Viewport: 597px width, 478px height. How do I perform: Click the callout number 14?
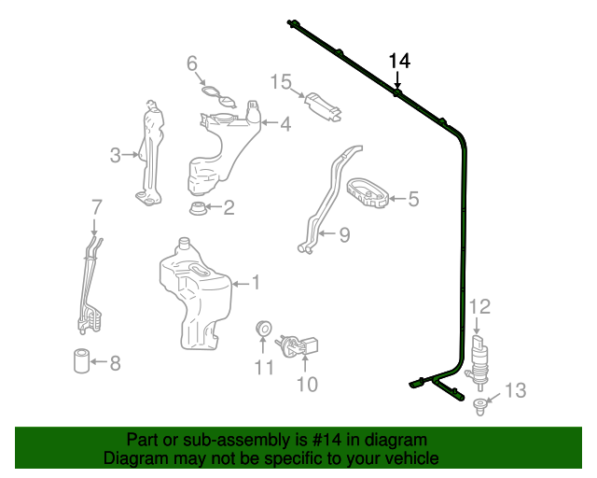(399, 61)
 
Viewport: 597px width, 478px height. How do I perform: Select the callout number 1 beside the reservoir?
(256, 282)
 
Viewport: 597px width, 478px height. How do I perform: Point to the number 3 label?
(285, 122)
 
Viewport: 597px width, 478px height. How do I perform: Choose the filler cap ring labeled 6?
(96, 205)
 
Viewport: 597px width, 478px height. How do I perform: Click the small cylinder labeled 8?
(344, 234)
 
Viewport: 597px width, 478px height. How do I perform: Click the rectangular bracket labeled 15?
(281, 82)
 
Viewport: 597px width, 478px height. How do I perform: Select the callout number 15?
(281, 82)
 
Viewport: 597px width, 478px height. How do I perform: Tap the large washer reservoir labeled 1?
(193, 294)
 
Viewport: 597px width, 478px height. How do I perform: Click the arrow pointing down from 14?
(398, 80)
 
